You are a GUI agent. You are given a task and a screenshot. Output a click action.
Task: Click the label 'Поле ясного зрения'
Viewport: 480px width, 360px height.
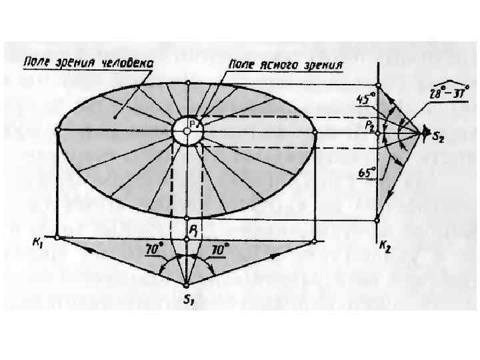[285, 65]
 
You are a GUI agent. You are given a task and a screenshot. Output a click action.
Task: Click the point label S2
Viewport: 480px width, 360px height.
[437, 138]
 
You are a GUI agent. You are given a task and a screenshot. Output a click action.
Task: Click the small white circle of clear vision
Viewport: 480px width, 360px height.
[188, 130]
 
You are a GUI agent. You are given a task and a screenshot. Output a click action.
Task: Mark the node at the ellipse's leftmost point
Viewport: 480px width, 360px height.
[58, 132]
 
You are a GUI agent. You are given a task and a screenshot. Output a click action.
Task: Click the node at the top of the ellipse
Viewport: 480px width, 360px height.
[188, 83]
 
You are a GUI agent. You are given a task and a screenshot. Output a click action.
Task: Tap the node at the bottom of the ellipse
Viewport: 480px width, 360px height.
[188, 219]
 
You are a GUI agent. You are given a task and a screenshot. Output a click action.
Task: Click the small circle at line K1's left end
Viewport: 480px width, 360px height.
[58, 237]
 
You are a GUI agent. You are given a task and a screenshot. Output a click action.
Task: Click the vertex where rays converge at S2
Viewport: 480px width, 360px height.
[425, 133]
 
